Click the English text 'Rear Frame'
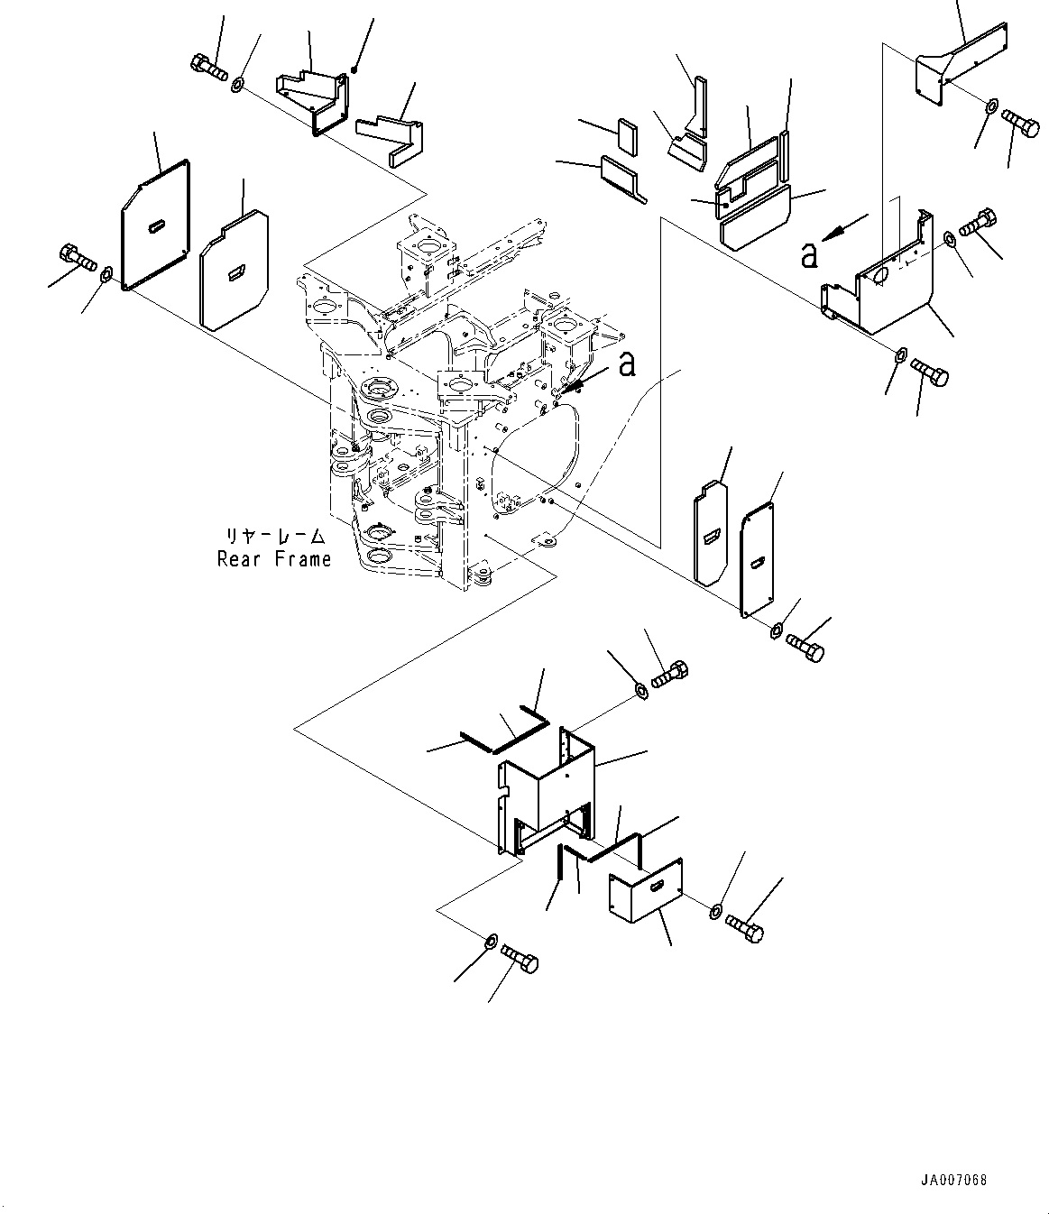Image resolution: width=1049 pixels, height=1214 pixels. (x=273, y=558)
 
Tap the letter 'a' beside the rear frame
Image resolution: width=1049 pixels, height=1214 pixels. (x=627, y=364)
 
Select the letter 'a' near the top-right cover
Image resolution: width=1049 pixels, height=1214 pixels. (x=810, y=257)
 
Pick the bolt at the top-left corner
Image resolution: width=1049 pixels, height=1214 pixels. (x=209, y=67)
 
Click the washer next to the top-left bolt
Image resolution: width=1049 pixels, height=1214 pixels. (x=237, y=84)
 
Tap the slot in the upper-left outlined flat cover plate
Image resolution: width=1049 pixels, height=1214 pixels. (x=157, y=225)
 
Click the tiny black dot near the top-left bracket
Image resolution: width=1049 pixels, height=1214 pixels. (x=354, y=69)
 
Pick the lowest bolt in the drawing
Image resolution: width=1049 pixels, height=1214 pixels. (x=520, y=960)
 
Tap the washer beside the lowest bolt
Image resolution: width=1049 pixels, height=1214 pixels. (x=491, y=941)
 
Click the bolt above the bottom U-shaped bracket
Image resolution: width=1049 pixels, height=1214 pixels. (x=669, y=675)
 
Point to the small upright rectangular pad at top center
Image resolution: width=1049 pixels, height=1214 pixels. (x=627, y=137)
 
